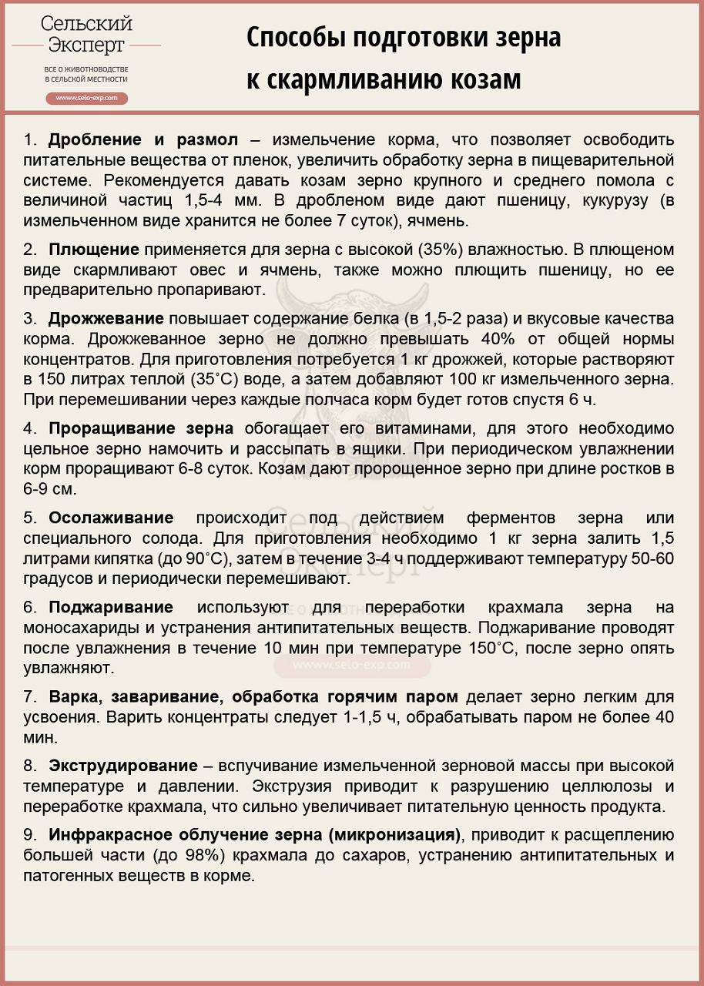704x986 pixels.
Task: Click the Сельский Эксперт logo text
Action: pos(86,35)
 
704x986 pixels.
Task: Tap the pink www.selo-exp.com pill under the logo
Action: pos(86,99)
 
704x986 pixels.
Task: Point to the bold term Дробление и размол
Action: pos(143,140)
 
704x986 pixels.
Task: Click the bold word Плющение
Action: pos(94,250)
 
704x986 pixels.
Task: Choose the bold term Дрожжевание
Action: pos(106,319)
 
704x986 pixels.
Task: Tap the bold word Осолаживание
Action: pos(111,518)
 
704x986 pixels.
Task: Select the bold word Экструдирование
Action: pos(123,766)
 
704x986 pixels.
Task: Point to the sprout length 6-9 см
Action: pos(51,488)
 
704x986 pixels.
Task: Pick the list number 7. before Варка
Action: pos(30,696)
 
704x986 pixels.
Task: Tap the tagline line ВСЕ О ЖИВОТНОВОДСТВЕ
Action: pos(86,70)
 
